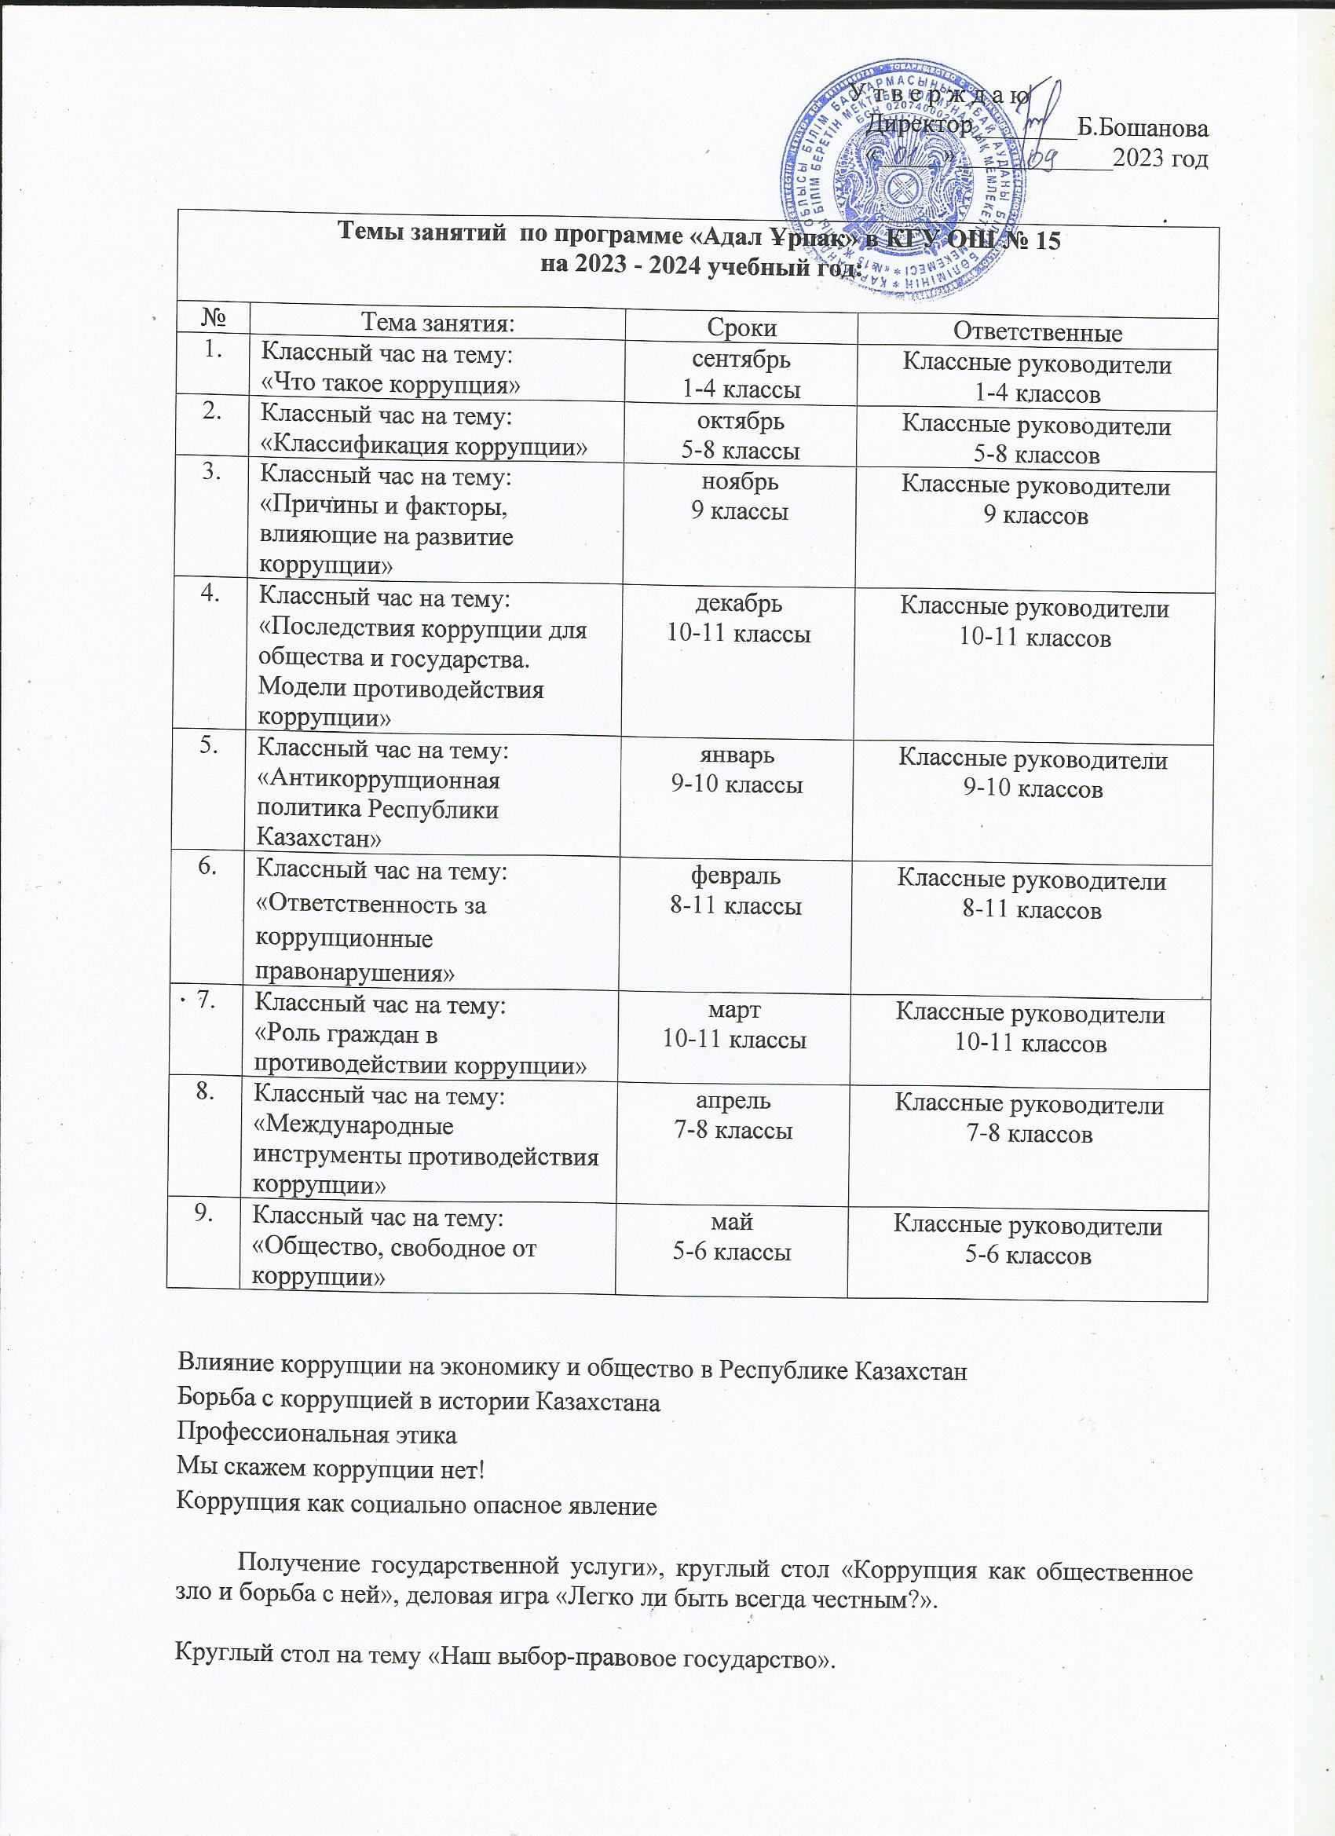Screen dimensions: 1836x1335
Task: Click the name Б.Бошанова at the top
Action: (1144, 128)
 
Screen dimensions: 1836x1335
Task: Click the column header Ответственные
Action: (1037, 332)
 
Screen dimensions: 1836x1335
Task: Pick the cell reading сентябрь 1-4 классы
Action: (741, 374)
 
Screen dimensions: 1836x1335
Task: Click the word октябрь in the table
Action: (741, 421)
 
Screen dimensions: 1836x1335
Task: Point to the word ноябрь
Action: (740, 482)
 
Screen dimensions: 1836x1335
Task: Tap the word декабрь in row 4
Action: (739, 604)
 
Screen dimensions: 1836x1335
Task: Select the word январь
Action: (737, 755)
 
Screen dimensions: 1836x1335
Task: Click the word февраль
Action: (735, 876)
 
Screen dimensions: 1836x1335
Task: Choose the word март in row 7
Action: (734, 1009)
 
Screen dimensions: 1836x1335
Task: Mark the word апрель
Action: (733, 1101)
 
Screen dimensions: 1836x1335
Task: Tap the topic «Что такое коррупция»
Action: (389, 384)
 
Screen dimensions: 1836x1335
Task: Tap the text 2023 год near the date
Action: (1160, 158)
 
